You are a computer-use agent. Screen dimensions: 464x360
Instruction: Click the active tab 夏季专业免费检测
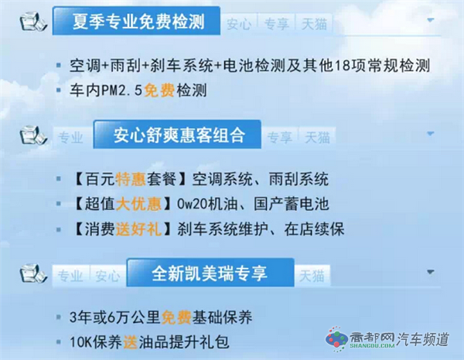pyautogui.click(x=136, y=21)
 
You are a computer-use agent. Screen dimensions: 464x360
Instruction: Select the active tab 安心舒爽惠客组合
pyautogui.click(x=177, y=134)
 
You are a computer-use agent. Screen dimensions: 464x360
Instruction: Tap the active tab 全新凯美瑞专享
pyautogui.click(x=210, y=273)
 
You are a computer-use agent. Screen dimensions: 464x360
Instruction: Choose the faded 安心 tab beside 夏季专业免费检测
pyautogui.click(x=239, y=24)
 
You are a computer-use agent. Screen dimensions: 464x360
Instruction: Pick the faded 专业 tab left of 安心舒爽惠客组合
pyautogui.click(x=71, y=138)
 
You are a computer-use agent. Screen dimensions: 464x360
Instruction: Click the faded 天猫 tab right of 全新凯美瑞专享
pyautogui.click(x=312, y=276)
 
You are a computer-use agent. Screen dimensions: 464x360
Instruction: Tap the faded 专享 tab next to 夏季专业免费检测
pyautogui.click(x=277, y=24)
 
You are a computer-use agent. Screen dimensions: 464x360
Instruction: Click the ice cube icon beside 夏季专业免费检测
pyautogui.click(x=33, y=21)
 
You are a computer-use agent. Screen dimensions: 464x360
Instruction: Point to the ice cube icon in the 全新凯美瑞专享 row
pyautogui.click(x=33, y=273)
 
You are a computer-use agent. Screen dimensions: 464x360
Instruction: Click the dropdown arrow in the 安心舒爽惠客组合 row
pyautogui.click(x=431, y=134)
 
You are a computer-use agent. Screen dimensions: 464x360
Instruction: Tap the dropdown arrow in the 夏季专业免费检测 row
pyautogui.click(x=431, y=20)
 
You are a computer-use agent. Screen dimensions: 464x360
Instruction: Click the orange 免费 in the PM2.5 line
pyautogui.click(x=159, y=90)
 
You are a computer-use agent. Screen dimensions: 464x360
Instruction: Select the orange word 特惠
pyautogui.click(x=131, y=178)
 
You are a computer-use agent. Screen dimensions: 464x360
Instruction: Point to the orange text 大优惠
pyautogui.click(x=138, y=204)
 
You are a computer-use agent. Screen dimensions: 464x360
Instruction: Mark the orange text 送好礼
pyautogui.click(x=138, y=229)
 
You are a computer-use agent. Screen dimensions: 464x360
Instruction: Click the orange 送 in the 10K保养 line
pyautogui.click(x=131, y=342)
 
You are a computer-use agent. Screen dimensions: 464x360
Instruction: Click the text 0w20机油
pyautogui.click(x=207, y=204)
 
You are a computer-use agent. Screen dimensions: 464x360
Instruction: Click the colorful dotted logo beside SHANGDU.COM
pyautogui.click(x=336, y=339)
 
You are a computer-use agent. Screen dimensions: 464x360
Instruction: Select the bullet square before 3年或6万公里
pyautogui.click(x=59, y=318)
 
